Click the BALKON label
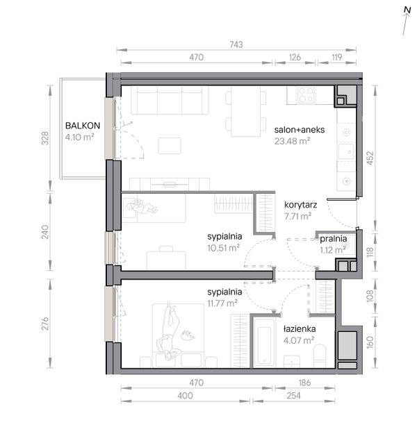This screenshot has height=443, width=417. (x=83, y=126)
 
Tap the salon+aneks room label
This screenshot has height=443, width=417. (x=300, y=130)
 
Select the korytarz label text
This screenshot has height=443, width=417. (x=300, y=205)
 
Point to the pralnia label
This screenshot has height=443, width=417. (x=333, y=239)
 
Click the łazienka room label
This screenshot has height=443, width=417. (x=300, y=329)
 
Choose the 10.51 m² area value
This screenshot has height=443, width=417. (x=223, y=248)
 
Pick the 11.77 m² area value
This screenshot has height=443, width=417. (x=222, y=303)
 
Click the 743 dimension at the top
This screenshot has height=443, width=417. (x=236, y=44)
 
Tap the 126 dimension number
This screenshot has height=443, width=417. (x=295, y=58)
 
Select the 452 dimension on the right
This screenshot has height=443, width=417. (x=370, y=158)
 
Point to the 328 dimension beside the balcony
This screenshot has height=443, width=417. (x=45, y=138)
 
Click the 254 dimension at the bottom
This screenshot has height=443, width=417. (x=294, y=396)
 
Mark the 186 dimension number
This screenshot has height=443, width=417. (x=304, y=383)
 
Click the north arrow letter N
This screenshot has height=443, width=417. (x=407, y=10)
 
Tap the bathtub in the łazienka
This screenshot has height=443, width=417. (x=264, y=342)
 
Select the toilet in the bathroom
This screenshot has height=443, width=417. (x=320, y=356)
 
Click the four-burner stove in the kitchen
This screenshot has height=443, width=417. (x=306, y=95)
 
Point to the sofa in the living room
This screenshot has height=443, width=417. (x=170, y=100)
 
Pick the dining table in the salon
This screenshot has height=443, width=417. (x=245, y=111)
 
